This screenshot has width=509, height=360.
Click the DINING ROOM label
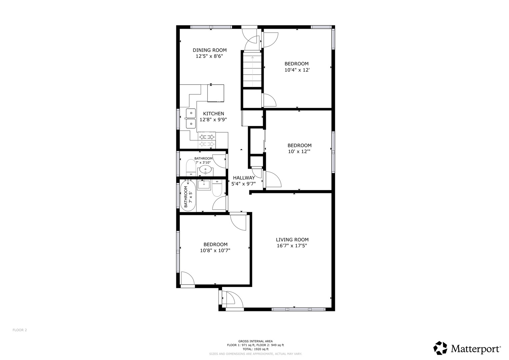click(209, 50)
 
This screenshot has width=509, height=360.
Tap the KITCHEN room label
click(213, 114)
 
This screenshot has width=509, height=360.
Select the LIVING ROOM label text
click(292, 240)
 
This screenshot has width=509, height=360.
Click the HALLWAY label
click(244, 178)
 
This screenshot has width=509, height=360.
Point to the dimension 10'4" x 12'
click(296, 70)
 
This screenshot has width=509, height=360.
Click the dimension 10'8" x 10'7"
click(215, 251)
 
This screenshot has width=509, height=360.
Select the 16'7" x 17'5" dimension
click(292, 246)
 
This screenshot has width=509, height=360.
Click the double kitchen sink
click(191, 118)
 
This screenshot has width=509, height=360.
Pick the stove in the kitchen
click(207, 140)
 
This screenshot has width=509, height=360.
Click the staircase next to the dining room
click(252, 70)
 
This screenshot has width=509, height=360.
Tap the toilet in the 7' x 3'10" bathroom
click(191, 168)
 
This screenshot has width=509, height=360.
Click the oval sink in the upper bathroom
click(206, 169)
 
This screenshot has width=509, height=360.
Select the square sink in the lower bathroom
click(204, 184)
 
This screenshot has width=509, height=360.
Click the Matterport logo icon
click(440, 348)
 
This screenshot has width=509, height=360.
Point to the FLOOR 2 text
click(20, 330)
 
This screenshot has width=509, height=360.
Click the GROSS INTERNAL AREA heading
click(255, 341)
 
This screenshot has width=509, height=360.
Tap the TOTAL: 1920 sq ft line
click(255, 349)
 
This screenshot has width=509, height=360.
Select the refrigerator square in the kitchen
click(215, 93)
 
